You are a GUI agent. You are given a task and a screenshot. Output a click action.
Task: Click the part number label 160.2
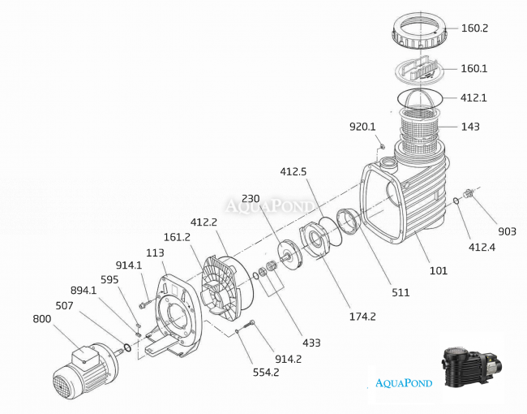475,28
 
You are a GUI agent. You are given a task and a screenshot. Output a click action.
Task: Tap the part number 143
470,127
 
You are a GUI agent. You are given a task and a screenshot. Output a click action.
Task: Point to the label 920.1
362,127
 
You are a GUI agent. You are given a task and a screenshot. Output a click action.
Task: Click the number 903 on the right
507,231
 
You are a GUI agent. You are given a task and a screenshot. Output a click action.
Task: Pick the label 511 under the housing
401,292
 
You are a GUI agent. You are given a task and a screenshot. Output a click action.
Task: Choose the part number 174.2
362,317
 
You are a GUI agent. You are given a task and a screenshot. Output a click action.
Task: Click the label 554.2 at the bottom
265,372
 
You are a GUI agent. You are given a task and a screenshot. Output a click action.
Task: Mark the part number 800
42,319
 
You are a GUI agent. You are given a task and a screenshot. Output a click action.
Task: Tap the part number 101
438,270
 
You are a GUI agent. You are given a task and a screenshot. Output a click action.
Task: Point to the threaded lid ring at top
420,31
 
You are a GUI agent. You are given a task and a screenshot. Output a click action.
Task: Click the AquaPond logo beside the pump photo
403,382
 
